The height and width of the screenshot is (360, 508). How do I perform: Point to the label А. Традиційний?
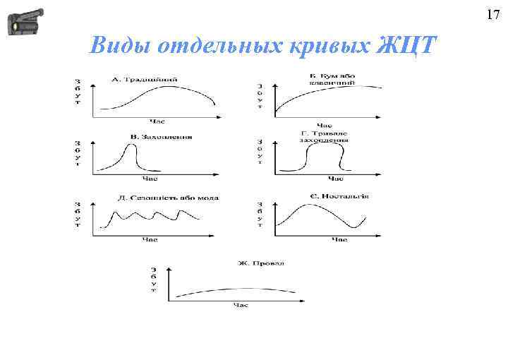tap(146, 79)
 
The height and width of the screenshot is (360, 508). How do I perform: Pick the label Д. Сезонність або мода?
tap(168, 197)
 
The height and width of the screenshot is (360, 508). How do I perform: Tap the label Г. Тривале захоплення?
tap(324, 136)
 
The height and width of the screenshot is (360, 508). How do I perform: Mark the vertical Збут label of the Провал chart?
tap(154, 280)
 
